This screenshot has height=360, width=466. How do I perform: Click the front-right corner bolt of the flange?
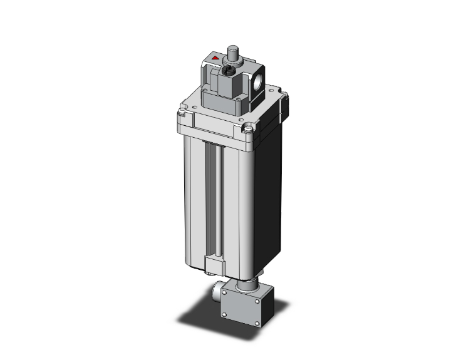pos(249,130)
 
